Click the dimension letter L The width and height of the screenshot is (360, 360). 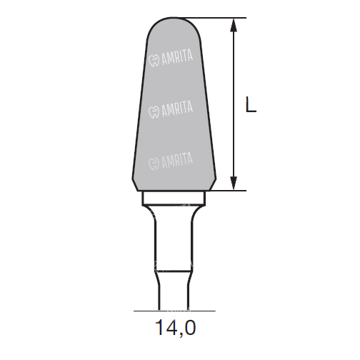(251, 104)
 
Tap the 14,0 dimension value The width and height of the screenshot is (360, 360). (176, 329)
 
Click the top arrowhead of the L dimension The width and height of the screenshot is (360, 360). (234, 25)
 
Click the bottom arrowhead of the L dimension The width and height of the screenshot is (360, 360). (234, 183)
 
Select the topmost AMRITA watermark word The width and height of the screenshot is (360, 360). (177, 57)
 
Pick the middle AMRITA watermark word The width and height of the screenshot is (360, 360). (177, 109)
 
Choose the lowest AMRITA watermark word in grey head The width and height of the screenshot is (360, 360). (177, 160)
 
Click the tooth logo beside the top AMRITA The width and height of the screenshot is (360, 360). (154, 61)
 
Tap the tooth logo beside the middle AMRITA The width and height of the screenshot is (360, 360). (154, 112)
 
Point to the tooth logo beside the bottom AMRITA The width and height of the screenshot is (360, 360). (154, 164)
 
